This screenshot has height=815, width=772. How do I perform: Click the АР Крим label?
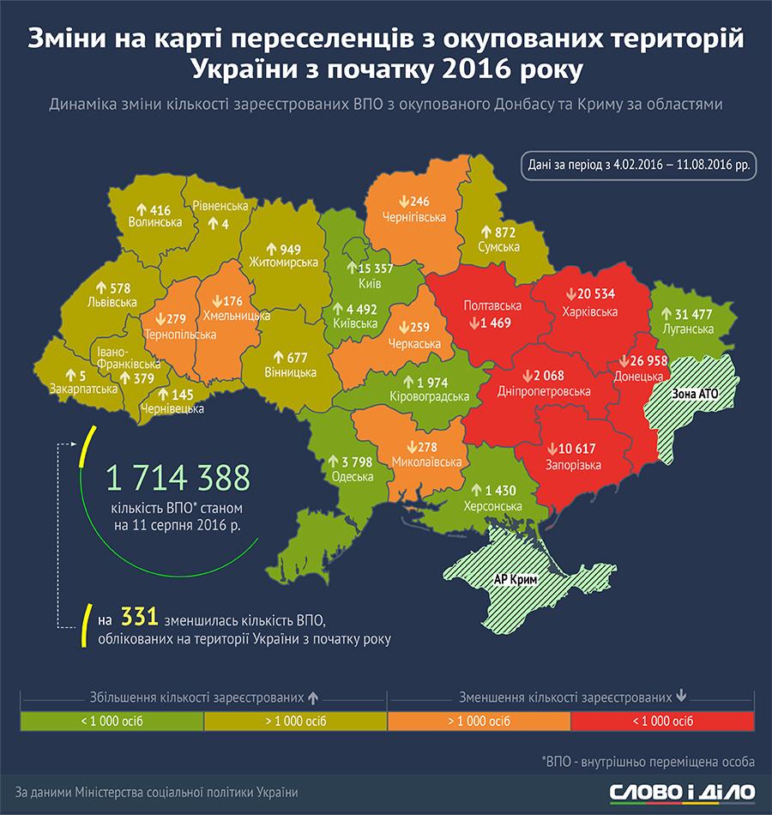(516, 579)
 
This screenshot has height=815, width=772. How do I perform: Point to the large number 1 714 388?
(177, 477)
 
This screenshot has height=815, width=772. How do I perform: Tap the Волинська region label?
(154, 222)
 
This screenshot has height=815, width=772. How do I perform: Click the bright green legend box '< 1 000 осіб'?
(112, 720)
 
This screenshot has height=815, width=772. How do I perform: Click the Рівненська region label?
(220, 207)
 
